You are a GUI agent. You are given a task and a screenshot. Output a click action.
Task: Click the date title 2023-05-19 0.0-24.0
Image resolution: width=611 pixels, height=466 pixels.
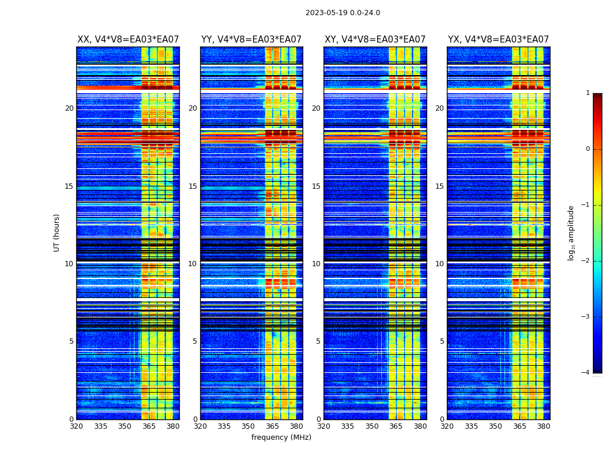343,13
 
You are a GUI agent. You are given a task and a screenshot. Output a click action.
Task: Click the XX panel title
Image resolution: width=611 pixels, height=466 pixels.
128,40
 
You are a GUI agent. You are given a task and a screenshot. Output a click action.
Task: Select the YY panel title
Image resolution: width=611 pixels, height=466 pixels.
251,40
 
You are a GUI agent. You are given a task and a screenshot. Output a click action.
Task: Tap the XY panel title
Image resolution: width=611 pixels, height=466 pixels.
375,40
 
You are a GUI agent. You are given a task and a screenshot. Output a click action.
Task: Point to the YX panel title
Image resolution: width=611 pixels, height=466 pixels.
499,40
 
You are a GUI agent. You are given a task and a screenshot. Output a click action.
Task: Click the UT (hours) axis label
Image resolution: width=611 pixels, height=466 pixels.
57,232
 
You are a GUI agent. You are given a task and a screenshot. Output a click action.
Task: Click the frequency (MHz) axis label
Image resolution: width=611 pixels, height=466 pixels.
281,437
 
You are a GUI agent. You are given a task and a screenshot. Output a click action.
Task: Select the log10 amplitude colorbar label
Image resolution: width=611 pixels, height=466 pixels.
571,232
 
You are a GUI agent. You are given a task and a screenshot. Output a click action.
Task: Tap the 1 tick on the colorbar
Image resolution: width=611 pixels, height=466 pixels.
588,93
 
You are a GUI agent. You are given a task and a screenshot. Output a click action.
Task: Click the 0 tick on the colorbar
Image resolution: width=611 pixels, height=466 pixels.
588,149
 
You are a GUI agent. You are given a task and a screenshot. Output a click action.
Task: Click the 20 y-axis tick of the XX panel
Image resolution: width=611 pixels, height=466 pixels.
69,108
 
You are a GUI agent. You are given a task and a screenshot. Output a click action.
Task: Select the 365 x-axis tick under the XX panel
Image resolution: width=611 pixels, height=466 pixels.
149,426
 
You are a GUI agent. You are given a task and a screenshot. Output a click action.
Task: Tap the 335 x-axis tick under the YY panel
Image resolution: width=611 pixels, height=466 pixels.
224,426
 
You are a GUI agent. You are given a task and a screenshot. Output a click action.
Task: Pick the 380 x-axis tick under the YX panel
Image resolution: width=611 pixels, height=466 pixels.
543,426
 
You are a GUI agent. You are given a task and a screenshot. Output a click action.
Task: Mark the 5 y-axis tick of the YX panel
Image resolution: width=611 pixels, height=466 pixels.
442,341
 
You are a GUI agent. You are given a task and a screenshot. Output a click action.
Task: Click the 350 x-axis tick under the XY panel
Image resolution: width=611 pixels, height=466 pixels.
372,426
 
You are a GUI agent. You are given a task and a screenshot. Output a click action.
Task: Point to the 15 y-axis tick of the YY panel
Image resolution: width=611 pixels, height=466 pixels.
193,186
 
